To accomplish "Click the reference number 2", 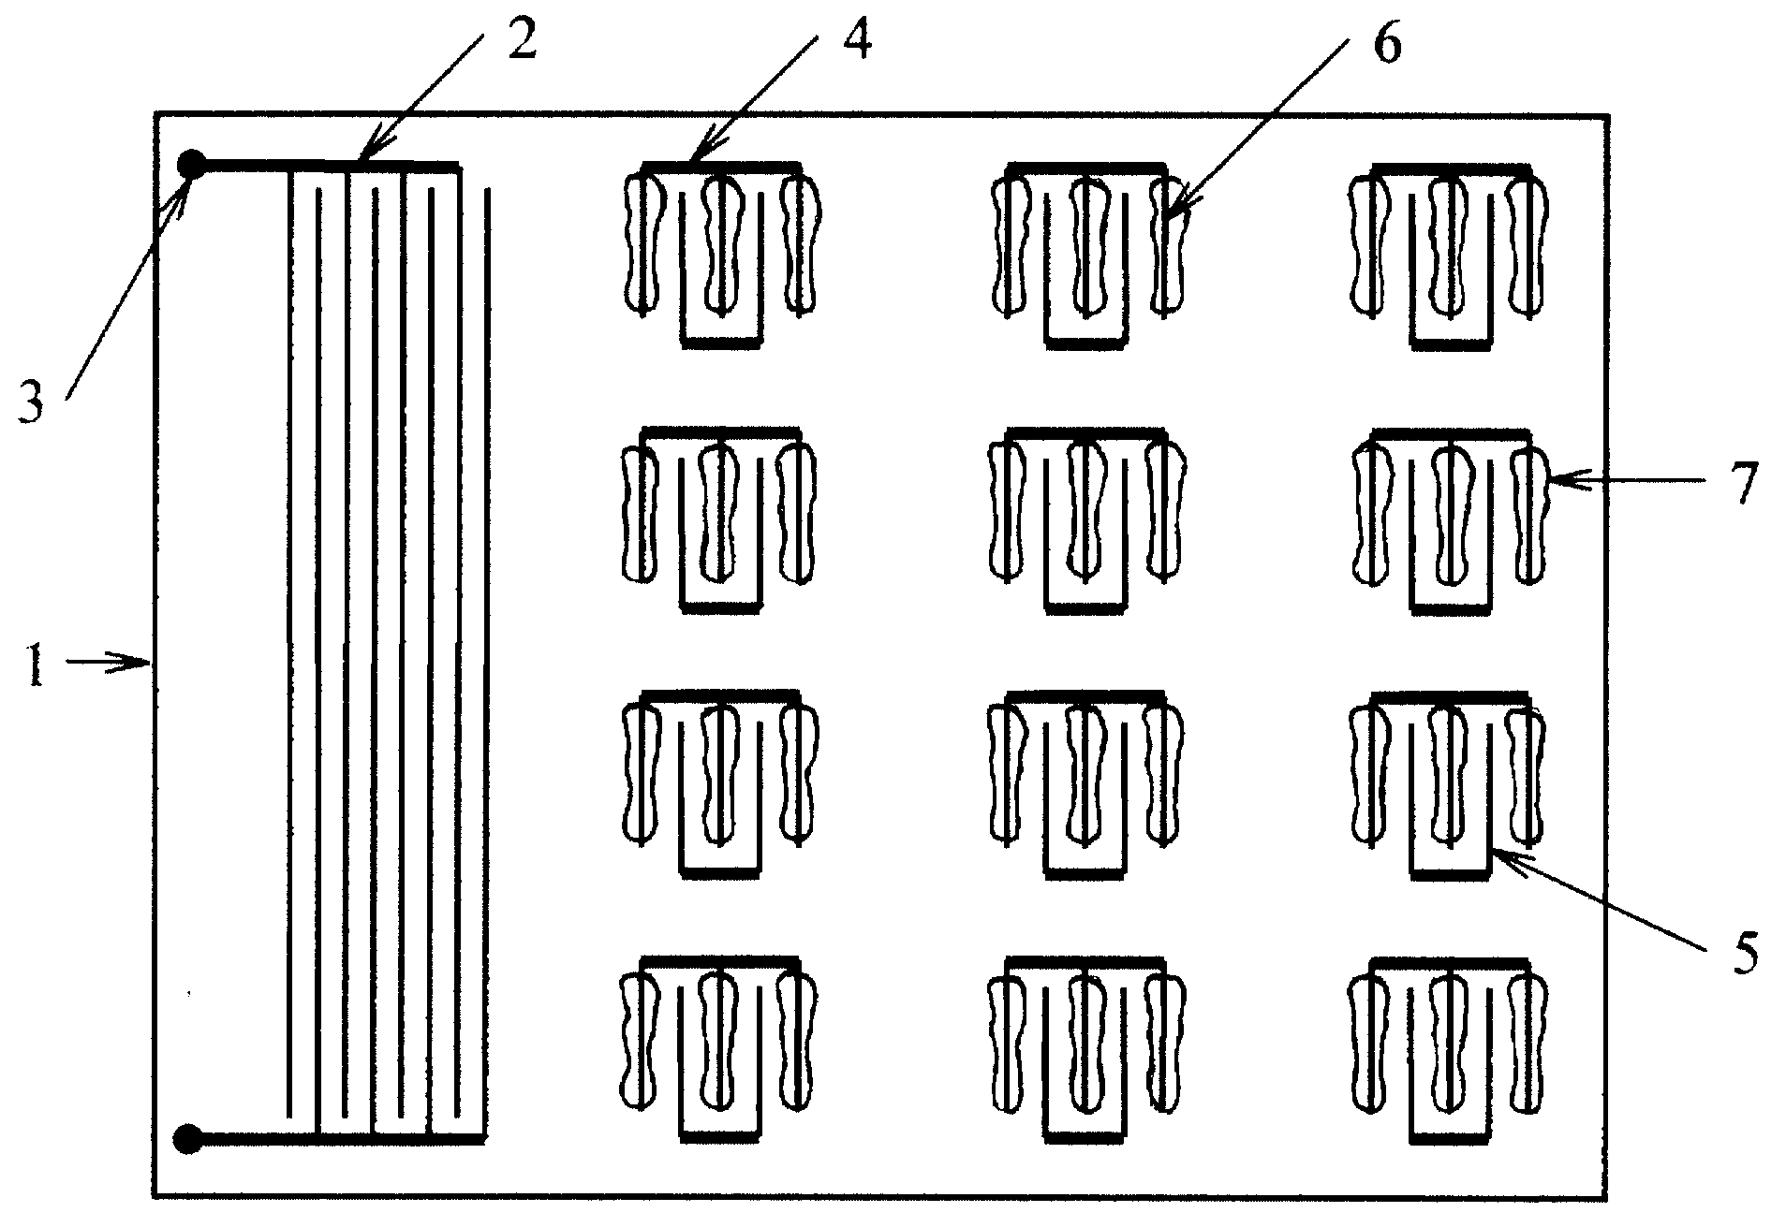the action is (x=521, y=39).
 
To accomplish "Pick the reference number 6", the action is (x=1387, y=41).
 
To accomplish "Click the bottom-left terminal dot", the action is (x=189, y=1138).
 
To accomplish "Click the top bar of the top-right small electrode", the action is (x=1450, y=168).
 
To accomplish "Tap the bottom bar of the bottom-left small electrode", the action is (x=719, y=1137).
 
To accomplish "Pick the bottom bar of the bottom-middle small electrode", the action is (x=1085, y=1137).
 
